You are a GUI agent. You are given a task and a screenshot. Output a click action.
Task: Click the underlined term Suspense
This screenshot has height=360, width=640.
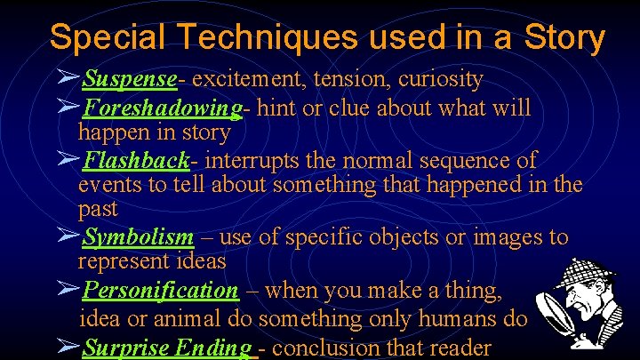coord(130,80)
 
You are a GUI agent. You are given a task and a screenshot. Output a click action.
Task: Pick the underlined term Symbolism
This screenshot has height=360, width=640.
coord(138,238)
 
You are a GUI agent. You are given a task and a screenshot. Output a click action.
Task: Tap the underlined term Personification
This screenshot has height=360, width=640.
coord(160,291)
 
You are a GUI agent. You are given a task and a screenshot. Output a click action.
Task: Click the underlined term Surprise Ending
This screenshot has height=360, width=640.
coord(166,348)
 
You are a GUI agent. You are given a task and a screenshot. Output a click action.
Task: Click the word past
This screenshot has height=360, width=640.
coord(98,210)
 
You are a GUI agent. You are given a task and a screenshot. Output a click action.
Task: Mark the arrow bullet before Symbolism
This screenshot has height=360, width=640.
coord(68,237)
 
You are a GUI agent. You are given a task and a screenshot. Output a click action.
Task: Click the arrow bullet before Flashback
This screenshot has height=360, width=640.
coord(68,160)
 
